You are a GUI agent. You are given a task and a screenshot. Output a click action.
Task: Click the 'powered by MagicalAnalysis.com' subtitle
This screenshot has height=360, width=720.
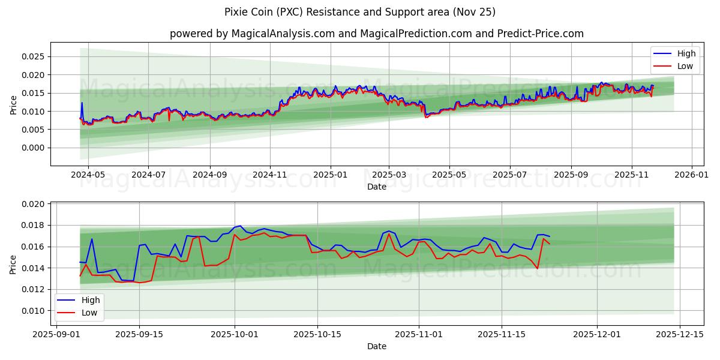376,34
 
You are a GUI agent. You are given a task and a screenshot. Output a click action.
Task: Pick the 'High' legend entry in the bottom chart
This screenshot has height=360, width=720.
91,300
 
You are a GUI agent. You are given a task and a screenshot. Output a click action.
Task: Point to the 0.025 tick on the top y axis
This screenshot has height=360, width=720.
33,57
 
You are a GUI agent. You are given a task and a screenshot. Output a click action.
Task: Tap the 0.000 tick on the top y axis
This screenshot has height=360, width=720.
33,148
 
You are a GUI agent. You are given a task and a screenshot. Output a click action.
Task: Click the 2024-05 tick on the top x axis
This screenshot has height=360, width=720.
88,175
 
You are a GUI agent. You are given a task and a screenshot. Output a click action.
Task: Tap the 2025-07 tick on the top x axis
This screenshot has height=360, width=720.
509,175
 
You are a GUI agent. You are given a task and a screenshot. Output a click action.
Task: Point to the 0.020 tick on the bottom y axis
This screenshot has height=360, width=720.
33,204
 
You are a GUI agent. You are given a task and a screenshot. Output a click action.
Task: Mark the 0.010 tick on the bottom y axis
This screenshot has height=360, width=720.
33,311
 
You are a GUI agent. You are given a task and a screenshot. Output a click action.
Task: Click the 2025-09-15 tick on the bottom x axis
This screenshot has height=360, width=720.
139,334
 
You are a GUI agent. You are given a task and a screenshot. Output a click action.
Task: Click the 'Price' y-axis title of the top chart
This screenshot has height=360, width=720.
14,104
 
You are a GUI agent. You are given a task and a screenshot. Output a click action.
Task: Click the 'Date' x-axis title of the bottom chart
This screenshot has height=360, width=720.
376,346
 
